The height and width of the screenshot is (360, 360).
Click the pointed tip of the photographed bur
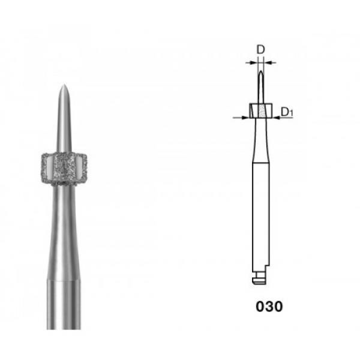click(x=64, y=85)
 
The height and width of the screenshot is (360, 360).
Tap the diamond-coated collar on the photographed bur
click(x=64, y=169)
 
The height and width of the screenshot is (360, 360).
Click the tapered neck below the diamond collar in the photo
click(x=64, y=232)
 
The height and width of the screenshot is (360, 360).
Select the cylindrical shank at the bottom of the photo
click(x=64, y=304)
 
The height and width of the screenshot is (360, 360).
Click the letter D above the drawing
click(x=260, y=49)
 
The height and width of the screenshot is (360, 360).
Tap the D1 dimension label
click(x=287, y=112)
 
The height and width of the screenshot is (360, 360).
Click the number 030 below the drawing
click(x=269, y=306)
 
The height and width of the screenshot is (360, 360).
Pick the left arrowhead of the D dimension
click(x=255, y=62)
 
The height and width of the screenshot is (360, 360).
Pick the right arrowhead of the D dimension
click(x=267, y=62)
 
